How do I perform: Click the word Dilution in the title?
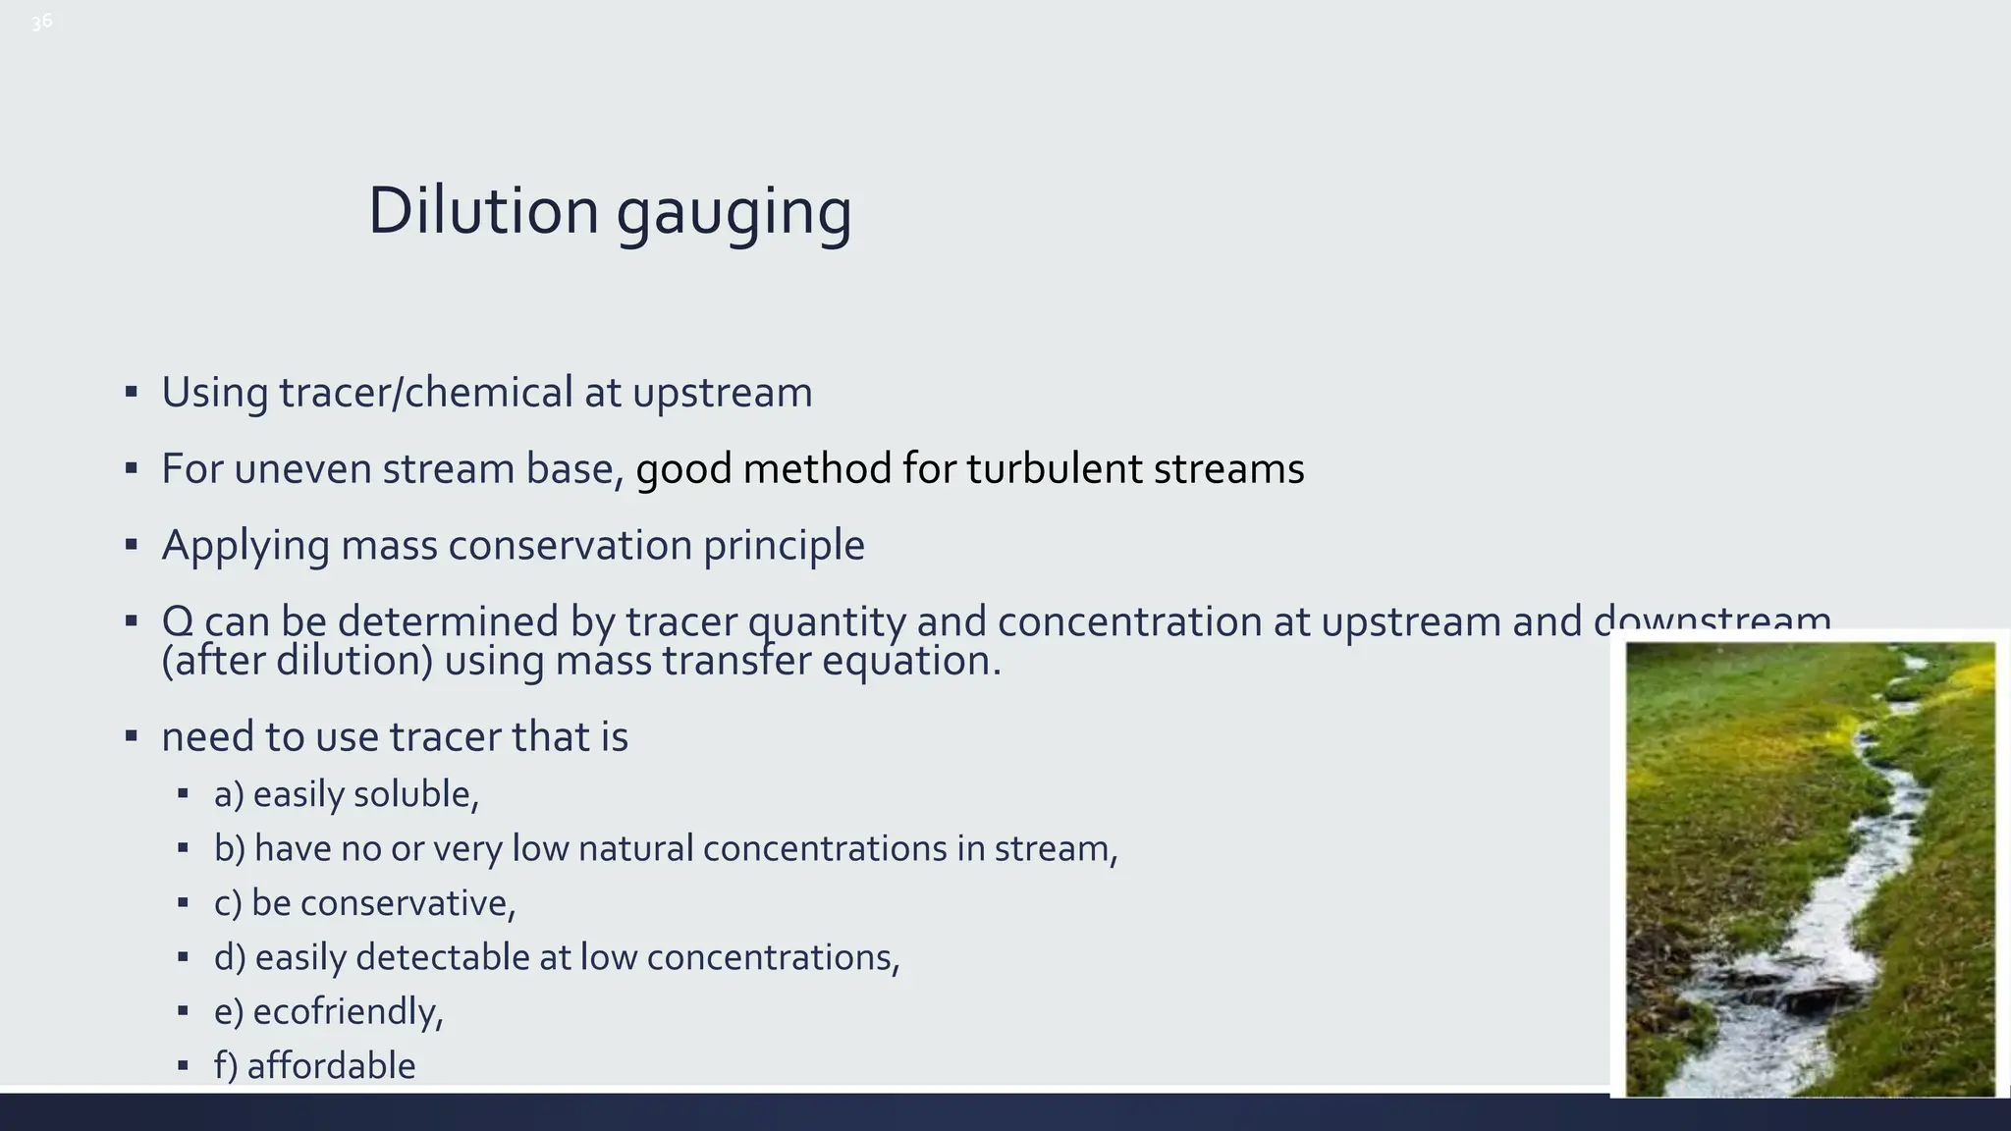[x=482, y=211]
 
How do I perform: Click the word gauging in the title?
[x=734, y=214]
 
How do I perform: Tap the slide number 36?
[x=41, y=22]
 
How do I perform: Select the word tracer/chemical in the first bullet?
[x=425, y=393]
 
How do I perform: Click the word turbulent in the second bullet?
[x=1054, y=469]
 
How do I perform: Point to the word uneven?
[x=302, y=469]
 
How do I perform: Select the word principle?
[x=784, y=546]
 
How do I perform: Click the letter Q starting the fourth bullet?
[x=177, y=620]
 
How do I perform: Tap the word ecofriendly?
[x=347, y=1011]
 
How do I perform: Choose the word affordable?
[x=331, y=1066]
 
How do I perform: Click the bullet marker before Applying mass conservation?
[x=132, y=545]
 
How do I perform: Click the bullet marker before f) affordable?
[x=183, y=1065]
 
